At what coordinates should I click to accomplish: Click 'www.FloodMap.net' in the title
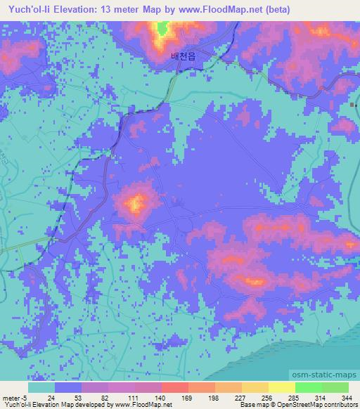[x=217, y=9]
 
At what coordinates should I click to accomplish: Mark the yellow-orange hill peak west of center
[x=135, y=204]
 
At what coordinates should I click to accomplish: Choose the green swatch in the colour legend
[x=307, y=387]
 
